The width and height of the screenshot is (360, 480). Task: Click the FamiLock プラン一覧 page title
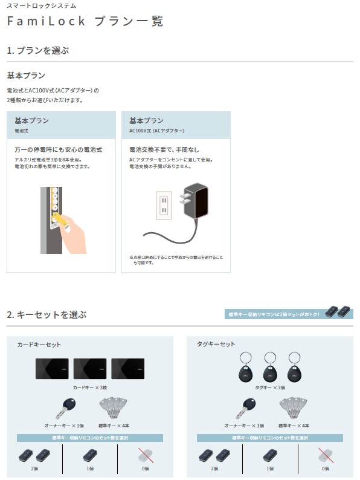tap(85, 21)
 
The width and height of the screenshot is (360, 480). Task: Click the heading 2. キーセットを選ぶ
tap(47, 314)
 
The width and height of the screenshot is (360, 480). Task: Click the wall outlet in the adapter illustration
tap(164, 206)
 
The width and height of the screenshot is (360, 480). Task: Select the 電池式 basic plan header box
tap(61, 125)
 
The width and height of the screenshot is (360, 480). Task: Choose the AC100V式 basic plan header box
tap(176, 125)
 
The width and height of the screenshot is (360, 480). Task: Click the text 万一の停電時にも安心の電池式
tap(58, 149)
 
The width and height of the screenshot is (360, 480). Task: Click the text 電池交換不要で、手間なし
tap(164, 149)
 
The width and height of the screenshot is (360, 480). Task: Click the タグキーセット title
tap(216, 344)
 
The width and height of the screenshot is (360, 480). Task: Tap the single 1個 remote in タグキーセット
tap(269, 456)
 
